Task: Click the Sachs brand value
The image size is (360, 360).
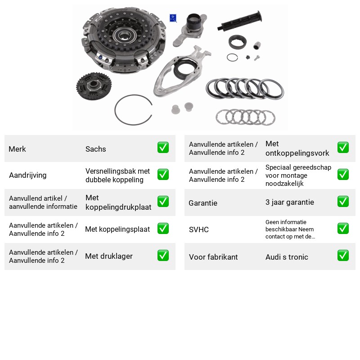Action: [x=95, y=149]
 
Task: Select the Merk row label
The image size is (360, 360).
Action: [x=17, y=149]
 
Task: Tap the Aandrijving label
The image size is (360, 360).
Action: [x=28, y=175]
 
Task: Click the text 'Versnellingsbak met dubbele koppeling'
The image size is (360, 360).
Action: [x=117, y=175]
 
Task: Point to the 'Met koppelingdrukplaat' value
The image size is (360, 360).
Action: [x=118, y=202]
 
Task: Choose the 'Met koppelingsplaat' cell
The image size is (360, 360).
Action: [x=117, y=229]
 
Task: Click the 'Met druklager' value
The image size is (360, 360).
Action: [x=109, y=256]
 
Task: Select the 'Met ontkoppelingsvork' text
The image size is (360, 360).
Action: [x=297, y=148]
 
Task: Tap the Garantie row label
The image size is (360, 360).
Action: [x=203, y=203]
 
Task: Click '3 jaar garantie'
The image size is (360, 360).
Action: [x=290, y=202]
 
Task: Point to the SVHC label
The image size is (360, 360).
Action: [x=199, y=229]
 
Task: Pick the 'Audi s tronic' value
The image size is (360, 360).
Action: [x=287, y=257]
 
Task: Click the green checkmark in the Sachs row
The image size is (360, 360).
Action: [x=163, y=148]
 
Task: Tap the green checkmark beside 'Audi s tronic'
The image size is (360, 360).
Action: [x=343, y=256]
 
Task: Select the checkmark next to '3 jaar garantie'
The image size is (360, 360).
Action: [x=343, y=202]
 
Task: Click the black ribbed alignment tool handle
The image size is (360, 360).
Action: [x=240, y=21]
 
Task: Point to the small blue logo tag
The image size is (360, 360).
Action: [x=173, y=18]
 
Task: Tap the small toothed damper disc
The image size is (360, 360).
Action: [x=94, y=86]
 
